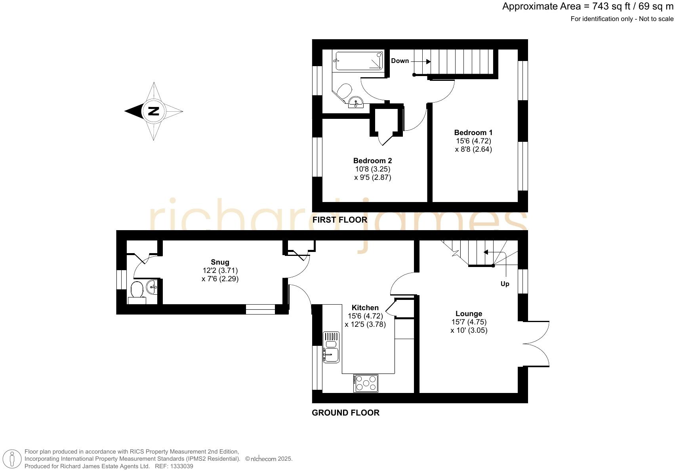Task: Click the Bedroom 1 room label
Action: click(x=473, y=133)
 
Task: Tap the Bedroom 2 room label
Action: click(x=372, y=161)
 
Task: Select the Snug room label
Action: click(x=220, y=262)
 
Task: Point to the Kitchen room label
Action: click(x=365, y=308)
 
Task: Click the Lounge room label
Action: click(x=469, y=314)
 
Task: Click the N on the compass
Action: click(x=153, y=111)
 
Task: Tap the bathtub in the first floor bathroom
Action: click(x=358, y=61)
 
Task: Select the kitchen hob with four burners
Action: click(x=366, y=383)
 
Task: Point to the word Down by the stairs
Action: click(x=400, y=61)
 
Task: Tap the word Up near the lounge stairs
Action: click(x=505, y=284)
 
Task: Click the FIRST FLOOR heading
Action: click(x=339, y=220)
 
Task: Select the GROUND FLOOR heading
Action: click(x=345, y=413)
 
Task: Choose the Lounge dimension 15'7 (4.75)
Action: click(x=469, y=322)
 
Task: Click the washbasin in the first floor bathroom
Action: click(x=356, y=103)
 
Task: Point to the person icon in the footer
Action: click(x=12, y=460)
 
